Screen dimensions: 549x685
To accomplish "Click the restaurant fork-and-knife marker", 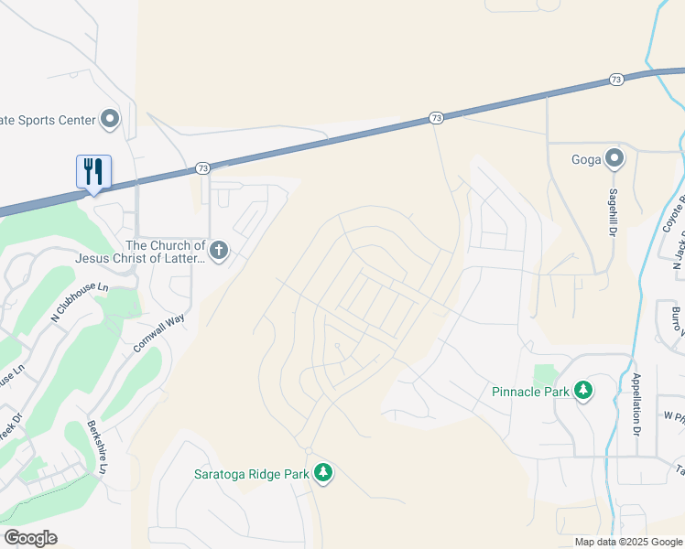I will [x=93, y=171].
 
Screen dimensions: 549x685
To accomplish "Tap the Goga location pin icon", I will [x=614, y=160].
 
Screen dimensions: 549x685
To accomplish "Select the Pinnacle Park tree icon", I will [x=583, y=392].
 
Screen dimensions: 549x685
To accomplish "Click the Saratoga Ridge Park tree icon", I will [x=322, y=473].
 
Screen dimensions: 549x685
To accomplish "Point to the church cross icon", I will [x=218, y=251].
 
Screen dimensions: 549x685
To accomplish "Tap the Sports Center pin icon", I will [x=110, y=119].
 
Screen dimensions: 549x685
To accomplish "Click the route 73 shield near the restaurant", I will [x=202, y=168].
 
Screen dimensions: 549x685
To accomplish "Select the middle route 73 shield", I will [x=436, y=118].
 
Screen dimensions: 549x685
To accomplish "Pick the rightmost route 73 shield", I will [x=615, y=81].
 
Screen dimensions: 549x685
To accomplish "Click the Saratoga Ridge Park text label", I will [x=252, y=474].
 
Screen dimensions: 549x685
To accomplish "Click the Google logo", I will [x=31, y=538].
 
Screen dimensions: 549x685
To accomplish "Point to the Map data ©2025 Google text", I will [x=628, y=542].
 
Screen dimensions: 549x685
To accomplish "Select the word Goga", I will [x=586, y=160].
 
